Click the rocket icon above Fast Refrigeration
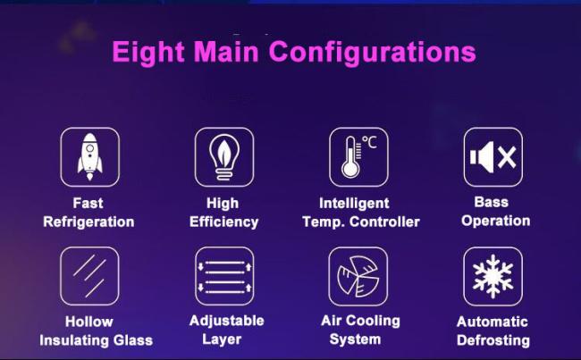coord(89,157)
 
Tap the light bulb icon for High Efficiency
coord(224,157)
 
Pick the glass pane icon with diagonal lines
coord(89,276)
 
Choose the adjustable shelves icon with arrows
coord(224,276)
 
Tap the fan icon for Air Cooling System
coord(358,276)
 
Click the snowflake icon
coord(493,276)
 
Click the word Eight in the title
coord(148,53)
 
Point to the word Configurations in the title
coord(373,53)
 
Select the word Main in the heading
coord(226,51)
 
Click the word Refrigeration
coord(88,222)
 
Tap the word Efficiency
coord(223,222)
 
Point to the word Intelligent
coord(354,204)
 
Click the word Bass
coord(492,202)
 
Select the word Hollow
coord(88,322)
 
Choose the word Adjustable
coord(226,321)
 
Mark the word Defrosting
coord(493,340)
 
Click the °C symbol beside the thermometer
coord(369,142)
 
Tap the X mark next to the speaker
coord(507,157)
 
